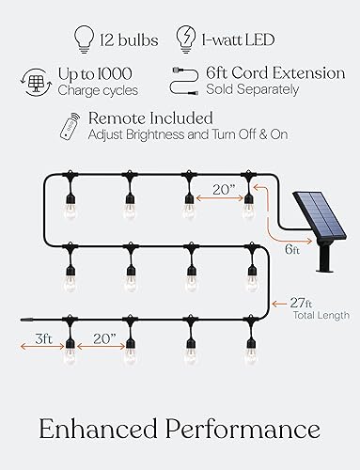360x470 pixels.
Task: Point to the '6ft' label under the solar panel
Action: (x=293, y=250)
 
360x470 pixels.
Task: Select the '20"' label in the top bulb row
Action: (x=221, y=189)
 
